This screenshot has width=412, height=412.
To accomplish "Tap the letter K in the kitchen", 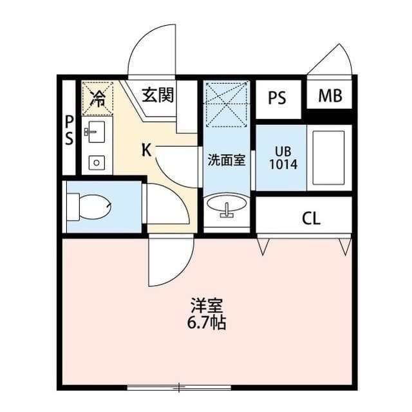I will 147,151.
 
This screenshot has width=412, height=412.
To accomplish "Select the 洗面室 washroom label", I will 226,160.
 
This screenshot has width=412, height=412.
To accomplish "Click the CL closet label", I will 310,218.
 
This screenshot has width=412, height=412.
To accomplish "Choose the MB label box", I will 330,97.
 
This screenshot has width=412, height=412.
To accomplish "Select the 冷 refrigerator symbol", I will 97,97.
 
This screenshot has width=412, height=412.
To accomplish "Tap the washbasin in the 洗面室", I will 226,207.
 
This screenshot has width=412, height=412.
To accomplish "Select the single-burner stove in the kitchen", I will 96,162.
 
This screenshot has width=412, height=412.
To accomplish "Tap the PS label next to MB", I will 277,98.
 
